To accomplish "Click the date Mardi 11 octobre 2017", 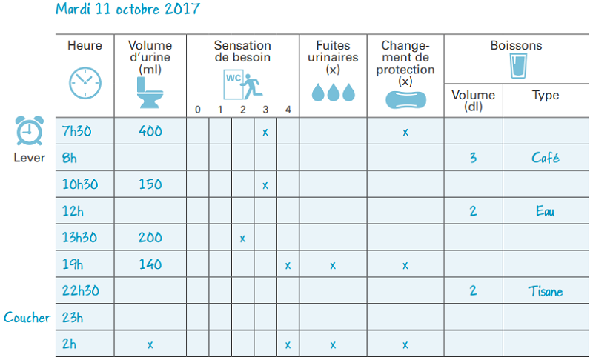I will click(x=127, y=10).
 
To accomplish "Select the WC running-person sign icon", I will click(x=242, y=86).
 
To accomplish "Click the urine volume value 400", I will click(x=150, y=131).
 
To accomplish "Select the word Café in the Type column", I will click(x=545, y=158).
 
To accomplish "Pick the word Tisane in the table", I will click(x=545, y=291).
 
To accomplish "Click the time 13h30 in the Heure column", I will click(x=80, y=238).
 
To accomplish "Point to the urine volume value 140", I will click(x=150, y=264).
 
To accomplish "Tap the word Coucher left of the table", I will click(x=27, y=318).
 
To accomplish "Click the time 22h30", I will click(x=80, y=291).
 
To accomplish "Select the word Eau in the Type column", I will click(x=545, y=211).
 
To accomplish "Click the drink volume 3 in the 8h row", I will click(x=473, y=158).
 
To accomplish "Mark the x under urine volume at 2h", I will click(x=150, y=344).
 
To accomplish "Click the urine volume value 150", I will click(x=150, y=184).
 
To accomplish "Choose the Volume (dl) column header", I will click(x=473, y=100).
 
